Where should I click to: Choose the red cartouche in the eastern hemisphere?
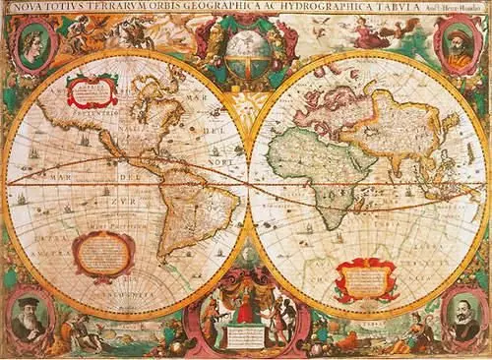pyautogui.click(x=365, y=278)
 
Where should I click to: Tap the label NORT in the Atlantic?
pyautogui.click(x=224, y=162)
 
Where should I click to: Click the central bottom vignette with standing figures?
pyautogui.click(x=246, y=315)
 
